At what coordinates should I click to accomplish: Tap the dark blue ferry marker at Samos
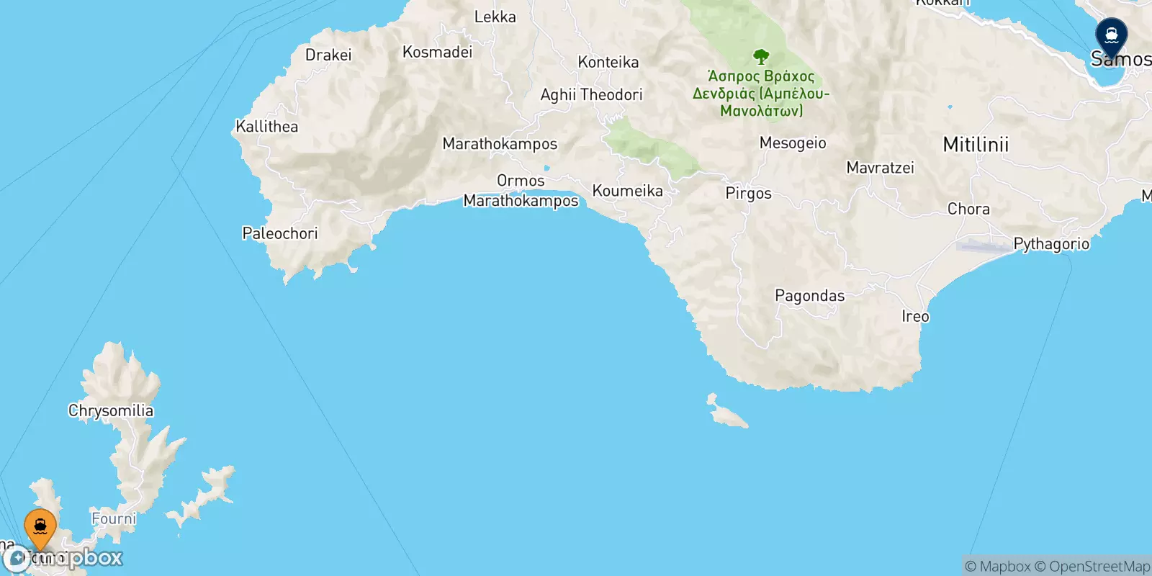[1111, 37]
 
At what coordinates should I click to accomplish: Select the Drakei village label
[328, 55]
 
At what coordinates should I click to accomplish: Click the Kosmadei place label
[437, 52]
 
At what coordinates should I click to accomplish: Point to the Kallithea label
[266, 127]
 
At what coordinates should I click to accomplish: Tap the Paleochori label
[279, 233]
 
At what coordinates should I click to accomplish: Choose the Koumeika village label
[627, 191]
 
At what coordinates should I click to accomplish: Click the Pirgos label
[748, 194]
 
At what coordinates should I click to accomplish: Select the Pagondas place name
[809, 296]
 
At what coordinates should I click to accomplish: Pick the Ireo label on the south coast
[915, 317]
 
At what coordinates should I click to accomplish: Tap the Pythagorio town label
[1050, 244]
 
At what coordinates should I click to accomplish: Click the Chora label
[968, 210]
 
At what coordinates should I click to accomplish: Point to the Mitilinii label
[976, 145]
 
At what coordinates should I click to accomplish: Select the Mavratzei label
[880, 168]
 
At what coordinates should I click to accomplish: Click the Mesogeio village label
[792, 143]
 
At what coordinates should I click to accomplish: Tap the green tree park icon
[761, 57]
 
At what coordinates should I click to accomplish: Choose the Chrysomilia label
[111, 410]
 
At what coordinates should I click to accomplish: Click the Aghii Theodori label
[591, 95]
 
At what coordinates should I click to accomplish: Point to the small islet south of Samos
[726, 413]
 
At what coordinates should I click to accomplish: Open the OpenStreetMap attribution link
[1092, 567]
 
